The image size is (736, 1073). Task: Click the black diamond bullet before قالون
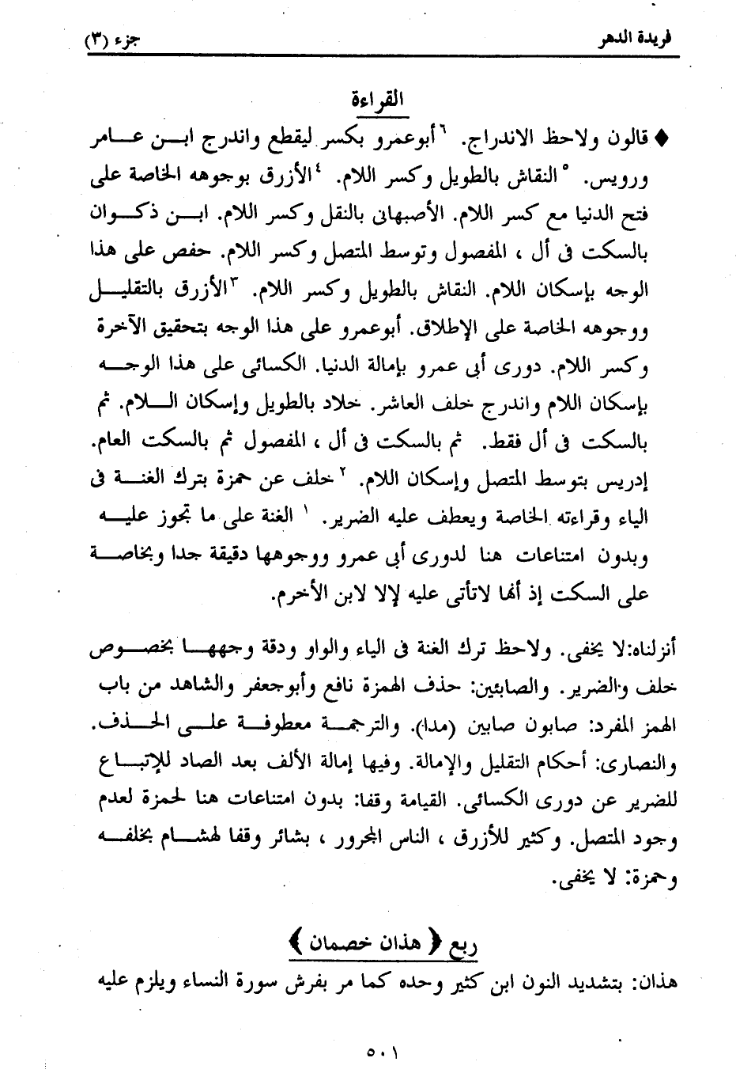tap(662, 139)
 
